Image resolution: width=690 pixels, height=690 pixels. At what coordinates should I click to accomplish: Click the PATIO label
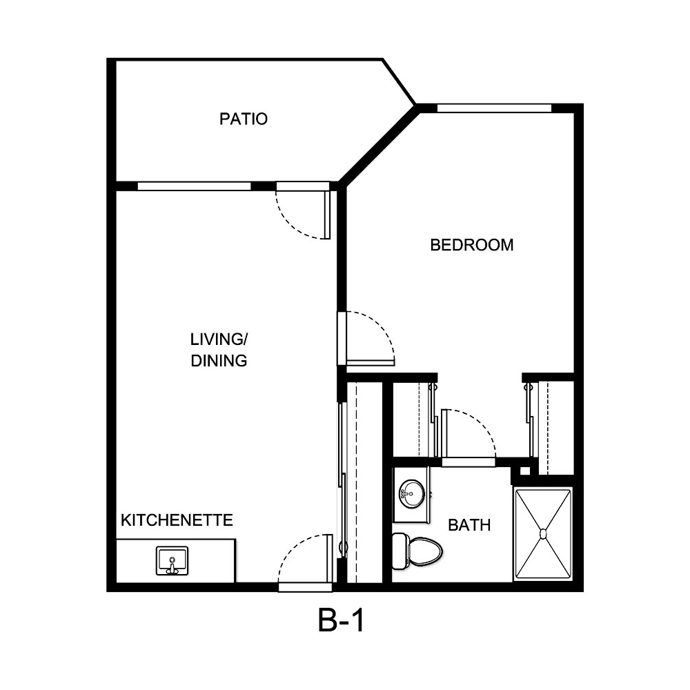243,119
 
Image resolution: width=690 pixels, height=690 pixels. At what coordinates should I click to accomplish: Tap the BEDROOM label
471,245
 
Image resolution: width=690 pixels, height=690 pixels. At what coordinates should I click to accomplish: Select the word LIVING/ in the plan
219,339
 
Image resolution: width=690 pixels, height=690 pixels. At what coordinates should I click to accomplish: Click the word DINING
219,360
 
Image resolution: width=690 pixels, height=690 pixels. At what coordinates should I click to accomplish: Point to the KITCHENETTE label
177,520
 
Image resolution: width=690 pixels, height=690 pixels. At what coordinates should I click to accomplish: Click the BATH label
469,525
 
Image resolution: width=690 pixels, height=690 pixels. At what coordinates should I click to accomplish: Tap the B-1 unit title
340,622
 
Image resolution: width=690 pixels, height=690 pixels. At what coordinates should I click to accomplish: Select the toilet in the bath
417,549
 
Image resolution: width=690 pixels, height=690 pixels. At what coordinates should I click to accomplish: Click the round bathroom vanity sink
412,493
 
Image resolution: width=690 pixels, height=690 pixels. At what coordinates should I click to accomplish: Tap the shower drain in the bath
543,533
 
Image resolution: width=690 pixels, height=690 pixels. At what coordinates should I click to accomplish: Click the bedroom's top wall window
494,108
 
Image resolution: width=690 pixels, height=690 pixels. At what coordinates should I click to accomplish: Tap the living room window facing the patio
194,186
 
